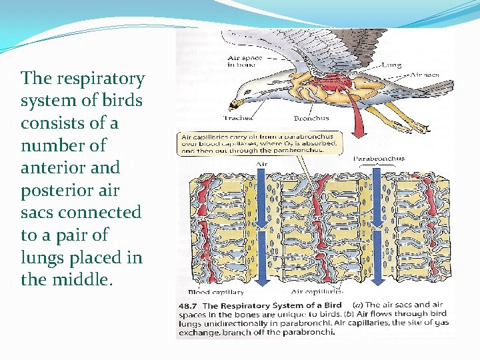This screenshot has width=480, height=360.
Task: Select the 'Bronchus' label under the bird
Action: coord(311,118)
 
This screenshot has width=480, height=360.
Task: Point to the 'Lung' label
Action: coord(391,66)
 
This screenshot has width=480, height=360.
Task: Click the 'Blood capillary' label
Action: coord(216,291)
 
